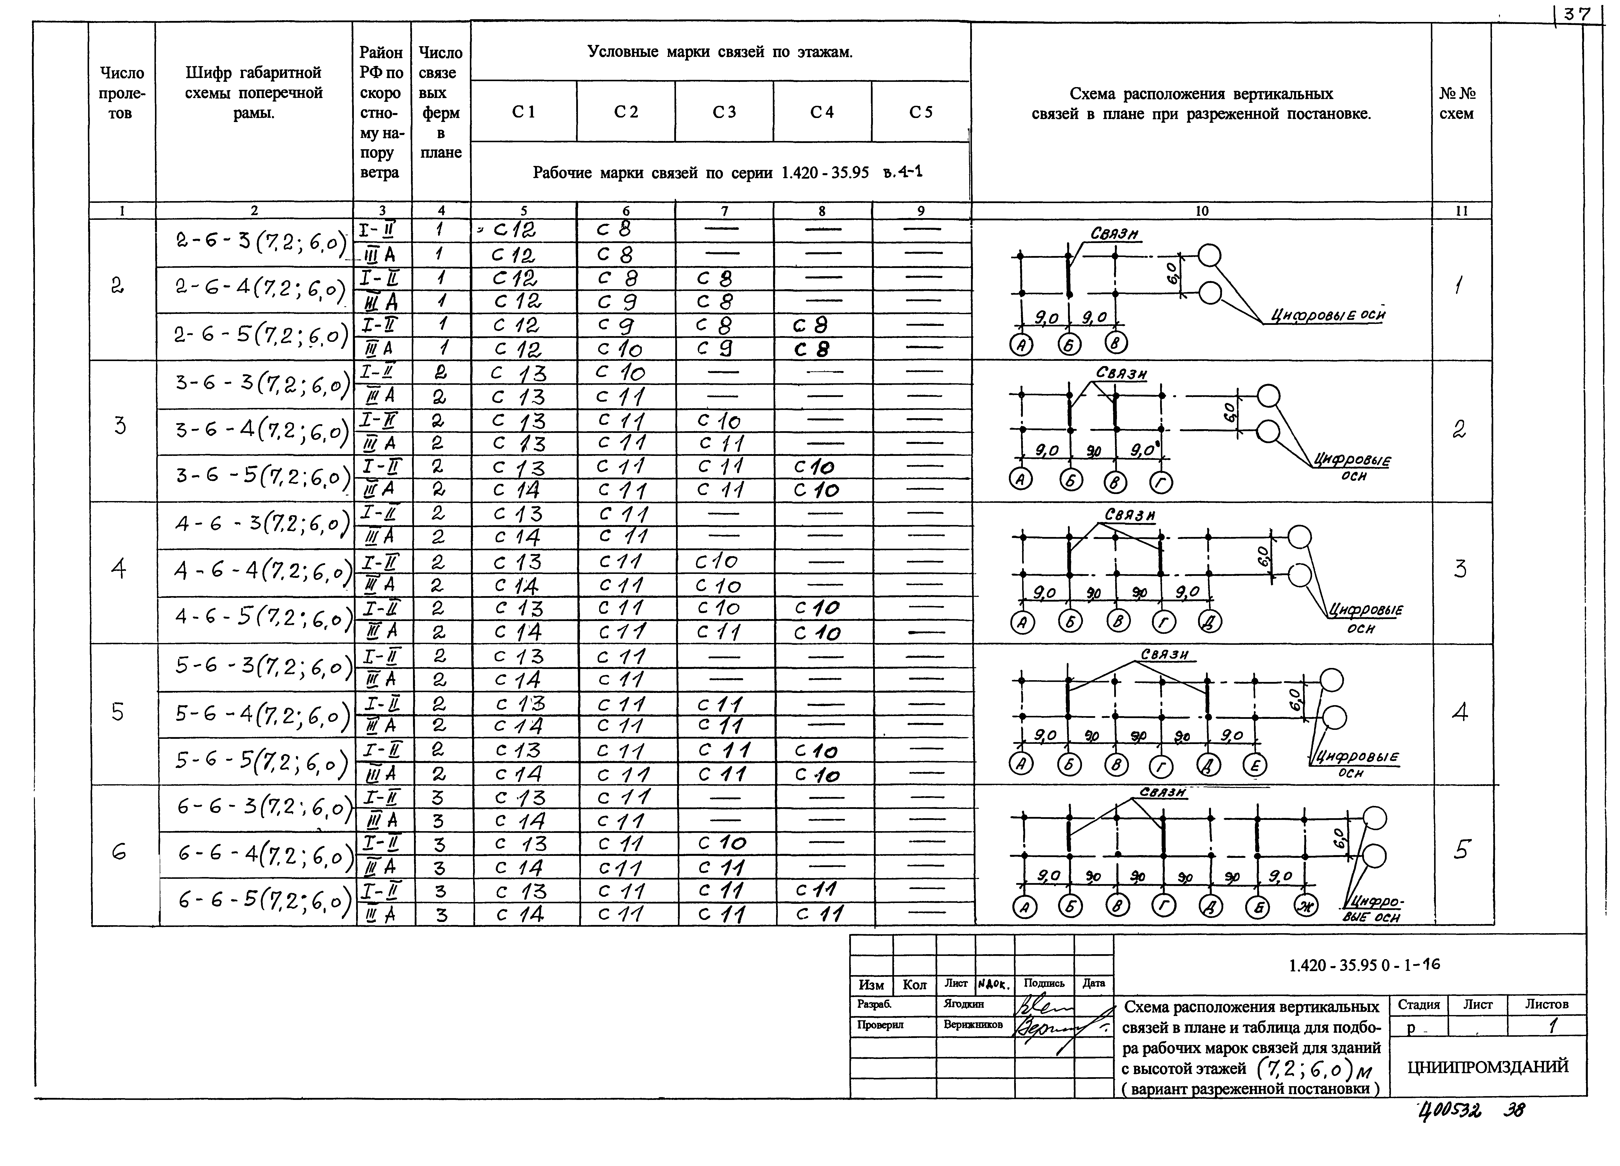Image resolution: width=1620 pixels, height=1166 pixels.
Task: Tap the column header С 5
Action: tap(921, 112)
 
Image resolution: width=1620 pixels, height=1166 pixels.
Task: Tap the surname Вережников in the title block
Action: tap(973, 1025)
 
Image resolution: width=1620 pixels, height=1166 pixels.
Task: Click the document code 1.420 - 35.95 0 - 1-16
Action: tap(1364, 965)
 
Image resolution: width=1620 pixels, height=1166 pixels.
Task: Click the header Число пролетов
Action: tap(122, 93)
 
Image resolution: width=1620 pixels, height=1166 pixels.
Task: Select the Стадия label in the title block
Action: tap(1419, 1004)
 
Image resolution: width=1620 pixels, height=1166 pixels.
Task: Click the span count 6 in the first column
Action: tap(119, 852)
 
